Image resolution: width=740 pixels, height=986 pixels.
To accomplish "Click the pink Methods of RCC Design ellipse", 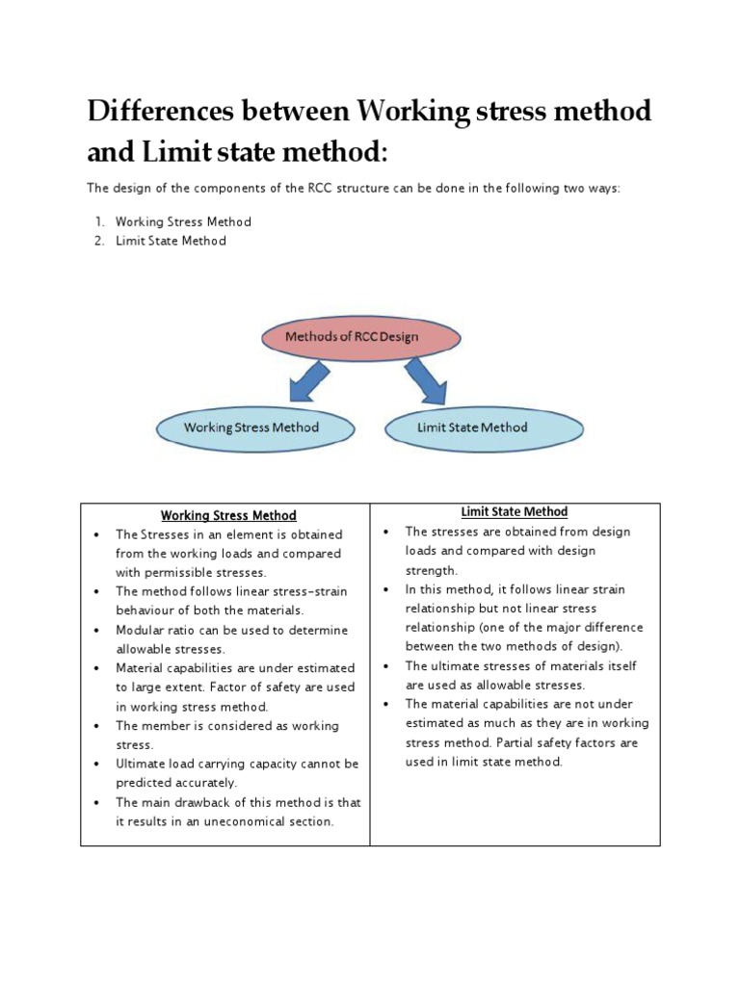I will (x=352, y=337).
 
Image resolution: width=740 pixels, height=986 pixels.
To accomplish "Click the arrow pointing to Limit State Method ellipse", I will (x=425, y=381).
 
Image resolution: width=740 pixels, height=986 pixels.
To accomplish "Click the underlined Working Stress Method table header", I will (x=228, y=515).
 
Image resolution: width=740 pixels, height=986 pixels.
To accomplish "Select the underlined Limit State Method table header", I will (x=515, y=512).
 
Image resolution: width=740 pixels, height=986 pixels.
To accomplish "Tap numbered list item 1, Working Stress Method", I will (x=183, y=221).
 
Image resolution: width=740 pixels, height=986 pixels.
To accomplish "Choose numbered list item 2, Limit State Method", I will (x=171, y=241).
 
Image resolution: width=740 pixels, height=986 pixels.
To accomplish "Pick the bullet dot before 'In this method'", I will (x=385, y=589).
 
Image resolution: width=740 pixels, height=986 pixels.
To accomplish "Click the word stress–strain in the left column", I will (x=311, y=591).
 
